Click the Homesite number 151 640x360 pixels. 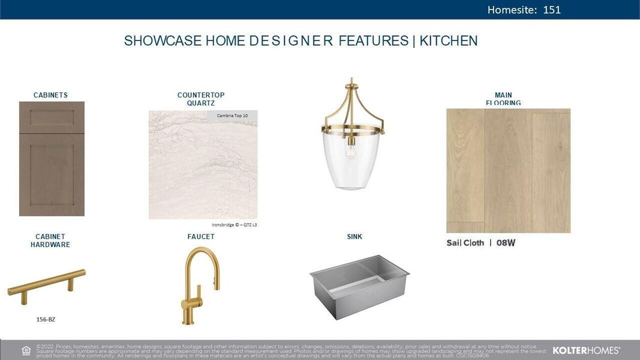click(x=552, y=10)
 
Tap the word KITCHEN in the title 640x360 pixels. click(x=449, y=41)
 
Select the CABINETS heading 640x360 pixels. click(x=50, y=95)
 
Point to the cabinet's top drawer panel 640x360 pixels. click(x=52, y=118)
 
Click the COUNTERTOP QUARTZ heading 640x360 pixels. click(x=201, y=99)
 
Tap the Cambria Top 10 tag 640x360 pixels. click(x=232, y=115)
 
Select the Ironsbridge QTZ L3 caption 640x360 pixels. click(x=235, y=225)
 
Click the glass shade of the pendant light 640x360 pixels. click(x=348, y=162)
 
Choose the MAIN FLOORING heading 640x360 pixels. click(x=503, y=99)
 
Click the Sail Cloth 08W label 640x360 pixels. click(x=480, y=243)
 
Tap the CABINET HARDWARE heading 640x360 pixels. click(x=50, y=241)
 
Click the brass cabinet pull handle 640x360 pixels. click(x=47, y=283)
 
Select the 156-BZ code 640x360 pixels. click(x=46, y=319)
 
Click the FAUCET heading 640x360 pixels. click(x=201, y=237)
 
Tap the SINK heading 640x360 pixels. click(x=354, y=237)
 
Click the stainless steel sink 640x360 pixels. click(x=359, y=285)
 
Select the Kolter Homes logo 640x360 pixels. click(x=586, y=350)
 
